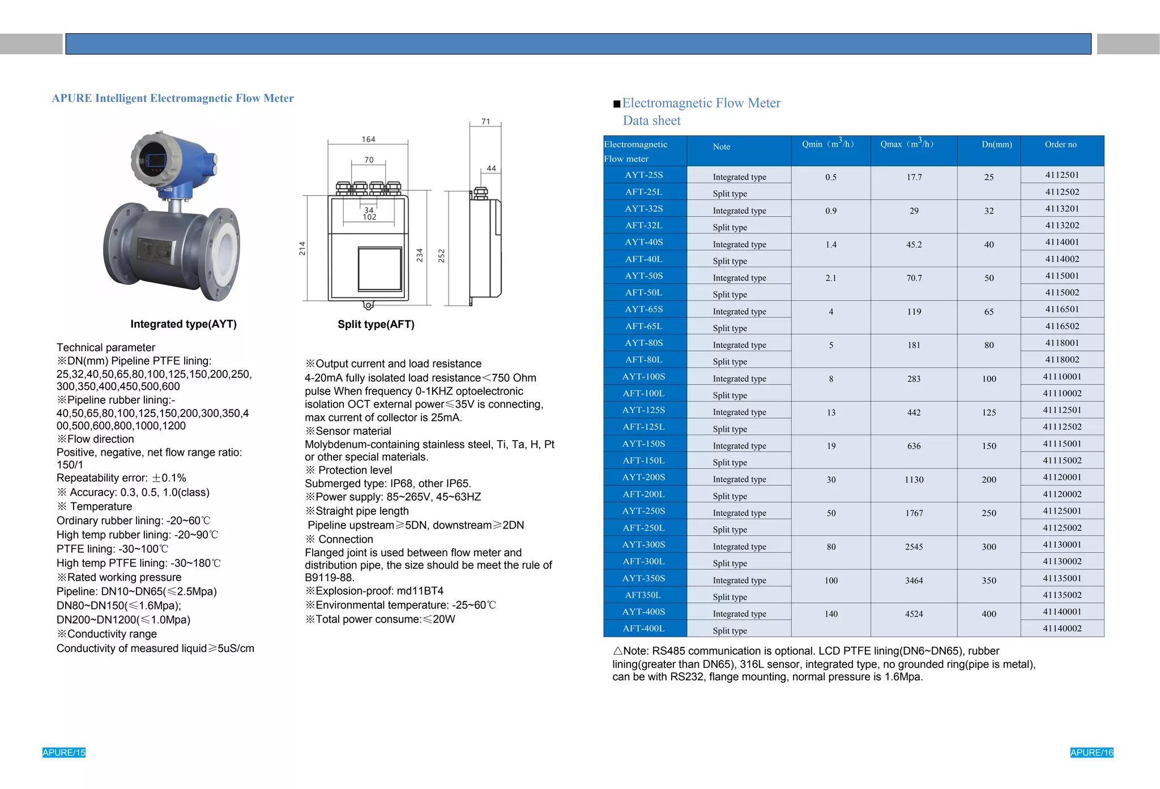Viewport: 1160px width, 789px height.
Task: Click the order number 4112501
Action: click(x=1061, y=175)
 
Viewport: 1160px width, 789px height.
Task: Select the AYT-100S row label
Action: click(x=644, y=377)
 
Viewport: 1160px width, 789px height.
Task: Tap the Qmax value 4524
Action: click(x=914, y=614)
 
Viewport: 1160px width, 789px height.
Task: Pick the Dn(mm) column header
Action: click(x=996, y=144)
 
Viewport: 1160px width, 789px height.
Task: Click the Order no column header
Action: click(x=1060, y=144)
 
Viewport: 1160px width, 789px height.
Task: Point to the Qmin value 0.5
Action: click(x=830, y=177)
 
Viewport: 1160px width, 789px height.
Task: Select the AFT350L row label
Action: click(x=643, y=595)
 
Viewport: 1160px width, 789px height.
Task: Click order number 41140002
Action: click(x=1061, y=629)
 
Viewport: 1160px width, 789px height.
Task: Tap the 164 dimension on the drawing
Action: click(x=368, y=139)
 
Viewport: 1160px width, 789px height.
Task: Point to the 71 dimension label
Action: click(x=485, y=121)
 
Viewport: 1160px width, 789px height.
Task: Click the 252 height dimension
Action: click(x=442, y=256)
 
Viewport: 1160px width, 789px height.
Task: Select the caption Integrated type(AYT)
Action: click(x=184, y=325)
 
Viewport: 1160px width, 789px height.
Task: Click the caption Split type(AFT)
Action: click(x=376, y=325)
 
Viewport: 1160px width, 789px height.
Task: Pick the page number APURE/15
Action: click(x=64, y=753)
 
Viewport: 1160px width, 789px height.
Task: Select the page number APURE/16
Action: click(x=1091, y=753)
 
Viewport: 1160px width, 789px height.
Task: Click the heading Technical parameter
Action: click(x=106, y=348)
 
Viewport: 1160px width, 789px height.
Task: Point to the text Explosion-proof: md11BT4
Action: click(x=374, y=591)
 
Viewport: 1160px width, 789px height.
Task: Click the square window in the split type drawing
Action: click(x=380, y=269)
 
